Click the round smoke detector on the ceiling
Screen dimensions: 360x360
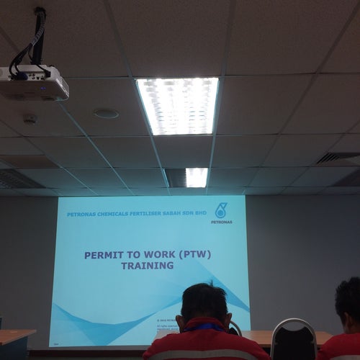click(x=30, y=119)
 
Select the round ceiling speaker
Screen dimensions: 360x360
click(x=106, y=113)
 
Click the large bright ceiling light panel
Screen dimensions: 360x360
click(x=178, y=105)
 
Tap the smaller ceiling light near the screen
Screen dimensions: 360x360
click(x=197, y=177)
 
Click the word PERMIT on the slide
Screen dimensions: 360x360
click(x=104, y=255)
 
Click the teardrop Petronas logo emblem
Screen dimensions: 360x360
click(x=221, y=210)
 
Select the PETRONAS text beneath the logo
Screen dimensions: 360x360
click(x=222, y=222)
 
